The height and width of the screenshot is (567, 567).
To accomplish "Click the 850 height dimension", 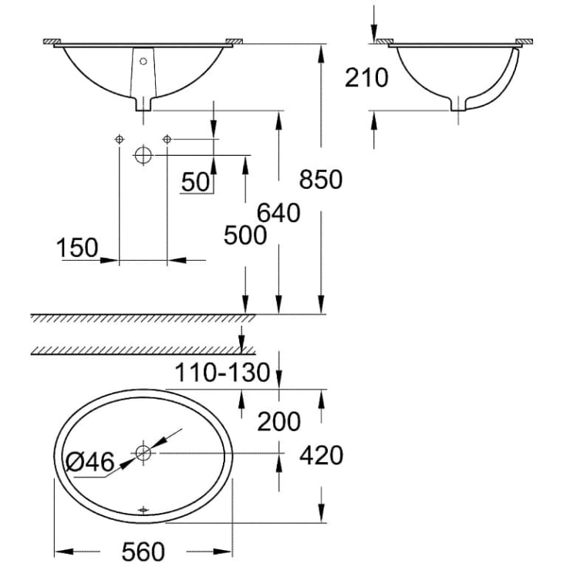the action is pyautogui.click(x=321, y=179).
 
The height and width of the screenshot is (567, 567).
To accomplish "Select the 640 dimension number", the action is pyautogui.click(x=278, y=213).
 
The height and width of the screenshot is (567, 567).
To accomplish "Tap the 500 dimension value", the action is pyautogui.click(x=245, y=235).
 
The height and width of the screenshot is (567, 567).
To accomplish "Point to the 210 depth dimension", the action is pyautogui.click(x=366, y=77).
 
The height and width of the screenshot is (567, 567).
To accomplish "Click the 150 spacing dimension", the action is pyautogui.click(x=77, y=248).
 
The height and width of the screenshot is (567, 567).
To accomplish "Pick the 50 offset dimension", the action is pyautogui.click(x=195, y=182).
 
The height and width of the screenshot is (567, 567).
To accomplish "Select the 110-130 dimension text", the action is pyautogui.click(x=222, y=373).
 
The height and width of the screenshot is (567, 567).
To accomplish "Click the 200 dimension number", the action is pyautogui.click(x=278, y=421).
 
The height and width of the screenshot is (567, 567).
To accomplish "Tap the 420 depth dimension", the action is pyautogui.click(x=321, y=455).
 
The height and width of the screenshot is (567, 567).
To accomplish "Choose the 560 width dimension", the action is pyautogui.click(x=143, y=552).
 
